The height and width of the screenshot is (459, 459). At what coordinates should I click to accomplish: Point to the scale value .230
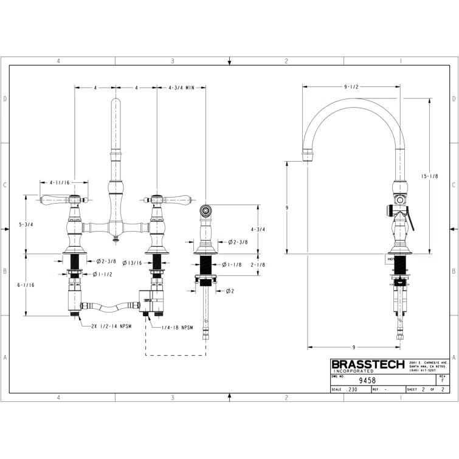pyautogui.click(x=352, y=390)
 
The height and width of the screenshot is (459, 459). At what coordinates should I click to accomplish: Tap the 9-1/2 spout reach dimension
pyautogui.click(x=351, y=87)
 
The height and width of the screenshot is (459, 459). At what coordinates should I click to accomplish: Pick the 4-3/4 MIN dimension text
pyautogui.click(x=181, y=88)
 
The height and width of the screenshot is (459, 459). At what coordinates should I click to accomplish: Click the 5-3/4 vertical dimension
pyautogui.click(x=26, y=224)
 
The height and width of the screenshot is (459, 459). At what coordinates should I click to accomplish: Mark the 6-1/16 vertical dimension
pyautogui.click(x=26, y=285)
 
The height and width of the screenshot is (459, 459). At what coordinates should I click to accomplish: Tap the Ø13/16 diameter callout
pyautogui.click(x=132, y=263)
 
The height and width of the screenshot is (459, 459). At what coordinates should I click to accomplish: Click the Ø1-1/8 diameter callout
pyautogui.click(x=232, y=264)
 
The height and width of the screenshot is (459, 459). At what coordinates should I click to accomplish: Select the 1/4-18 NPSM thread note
pyautogui.click(x=177, y=328)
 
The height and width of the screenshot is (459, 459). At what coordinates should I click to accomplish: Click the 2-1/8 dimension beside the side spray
pyautogui.click(x=257, y=264)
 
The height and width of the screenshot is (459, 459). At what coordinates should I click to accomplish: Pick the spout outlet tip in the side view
pyautogui.click(x=309, y=157)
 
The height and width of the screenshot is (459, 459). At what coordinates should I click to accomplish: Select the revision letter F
pyautogui.click(x=442, y=381)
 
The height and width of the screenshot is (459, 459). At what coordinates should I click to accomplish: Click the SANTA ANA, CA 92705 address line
pyautogui.click(x=428, y=366)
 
